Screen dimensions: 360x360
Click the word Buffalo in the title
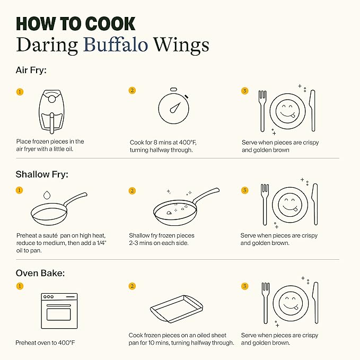(116, 45)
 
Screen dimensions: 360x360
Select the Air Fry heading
(31, 71)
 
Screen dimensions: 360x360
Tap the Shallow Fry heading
(42, 174)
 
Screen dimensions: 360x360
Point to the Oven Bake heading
(40, 273)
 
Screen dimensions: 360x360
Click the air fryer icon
(51, 111)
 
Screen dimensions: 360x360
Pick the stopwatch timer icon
(173, 106)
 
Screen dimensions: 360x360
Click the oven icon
(59, 311)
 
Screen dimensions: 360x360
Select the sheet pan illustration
(177, 309)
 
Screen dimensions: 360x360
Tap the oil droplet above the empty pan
(47, 195)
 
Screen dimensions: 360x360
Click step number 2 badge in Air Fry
(132, 91)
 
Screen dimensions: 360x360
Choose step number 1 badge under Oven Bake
(20, 286)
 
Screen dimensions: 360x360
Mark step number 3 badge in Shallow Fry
(245, 190)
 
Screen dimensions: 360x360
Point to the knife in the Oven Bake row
(315, 303)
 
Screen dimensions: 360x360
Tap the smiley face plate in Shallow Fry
(289, 205)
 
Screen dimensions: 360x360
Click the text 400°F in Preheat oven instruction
(66, 343)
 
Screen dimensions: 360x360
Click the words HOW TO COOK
(75, 24)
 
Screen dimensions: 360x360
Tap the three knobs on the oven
(48, 296)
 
